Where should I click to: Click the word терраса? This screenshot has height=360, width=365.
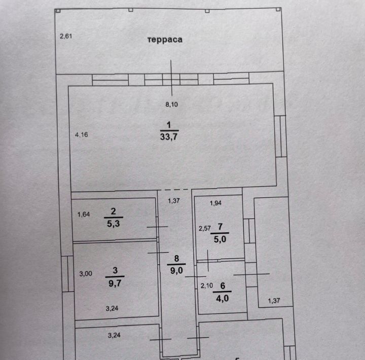pyautogui.click(x=165, y=40)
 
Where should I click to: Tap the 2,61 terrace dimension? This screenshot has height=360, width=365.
pyautogui.click(x=66, y=37)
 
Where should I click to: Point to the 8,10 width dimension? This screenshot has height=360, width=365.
pyautogui.click(x=171, y=104)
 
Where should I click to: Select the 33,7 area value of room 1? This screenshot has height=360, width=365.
pyautogui.click(x=169, y=137)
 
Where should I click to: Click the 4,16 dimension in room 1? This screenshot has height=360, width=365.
pyautogui.click(x=82, y=134)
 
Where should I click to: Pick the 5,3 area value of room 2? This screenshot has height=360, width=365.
pyautogui.click(x=114, y=224)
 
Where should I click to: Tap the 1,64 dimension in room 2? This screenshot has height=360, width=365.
pyautogui.click(x=84, y=214)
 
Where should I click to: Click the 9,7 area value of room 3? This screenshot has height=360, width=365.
pyautogui.click(x=115, y=283)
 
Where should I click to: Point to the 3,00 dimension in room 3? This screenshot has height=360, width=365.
pyautogui.click(x=86, y=274)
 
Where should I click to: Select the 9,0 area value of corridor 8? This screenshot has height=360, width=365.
pyautogui.click(x=176, y=271)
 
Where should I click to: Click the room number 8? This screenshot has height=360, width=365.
pyautogui.click(x=177, y=259)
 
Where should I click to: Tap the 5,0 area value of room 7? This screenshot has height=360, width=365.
pyautogui.click(x=220, y=239)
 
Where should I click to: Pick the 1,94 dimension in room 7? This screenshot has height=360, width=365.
pyautogui.click(x=215, y=203)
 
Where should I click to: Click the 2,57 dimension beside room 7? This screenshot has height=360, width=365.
pyautogui.click(x=204, y=229)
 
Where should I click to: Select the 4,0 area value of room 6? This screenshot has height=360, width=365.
pyautogui.click(x=223, y=298)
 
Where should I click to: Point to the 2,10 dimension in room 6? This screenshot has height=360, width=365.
pyautogui.click(x=207, y=285)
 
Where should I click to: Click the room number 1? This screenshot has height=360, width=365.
pyautogui.click(x=169, y=125)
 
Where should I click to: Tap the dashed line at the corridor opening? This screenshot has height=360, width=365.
pyautogui.click(x=174, y=190)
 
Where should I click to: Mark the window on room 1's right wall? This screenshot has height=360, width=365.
pyautogui.click(x=280, y=136)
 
